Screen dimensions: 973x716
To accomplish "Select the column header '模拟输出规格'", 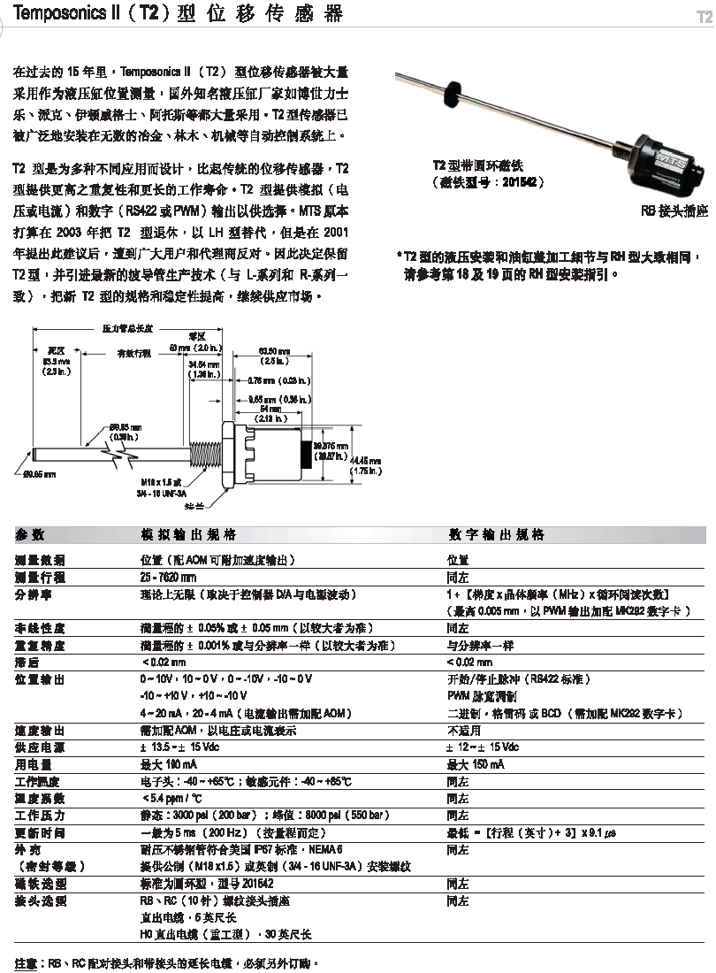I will [x=188, y=535].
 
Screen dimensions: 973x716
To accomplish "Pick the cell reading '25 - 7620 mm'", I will [x=169, y=577].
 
